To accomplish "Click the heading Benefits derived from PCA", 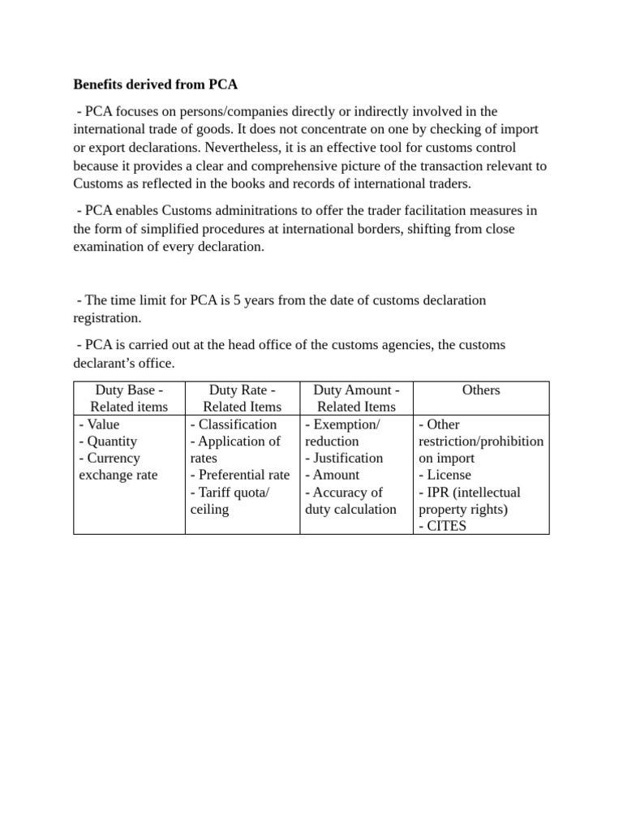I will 155,84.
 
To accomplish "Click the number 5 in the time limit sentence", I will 237,300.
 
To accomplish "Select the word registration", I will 107,318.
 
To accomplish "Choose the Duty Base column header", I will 129,398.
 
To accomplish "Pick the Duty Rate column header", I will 242,398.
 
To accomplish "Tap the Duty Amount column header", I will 356,398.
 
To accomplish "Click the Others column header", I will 481,390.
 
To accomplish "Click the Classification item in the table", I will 237,424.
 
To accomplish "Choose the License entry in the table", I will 448,476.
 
